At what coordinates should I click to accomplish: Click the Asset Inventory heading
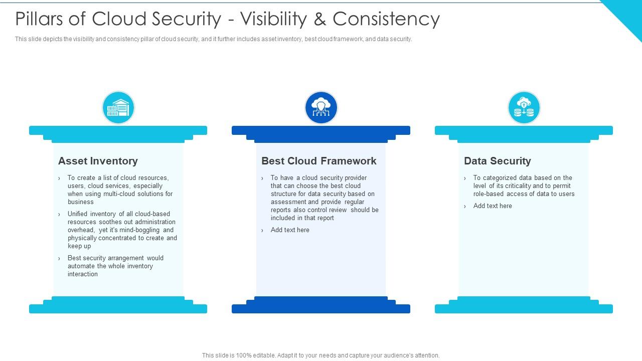pos(98,161)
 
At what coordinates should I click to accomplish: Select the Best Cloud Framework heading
pos(318,161)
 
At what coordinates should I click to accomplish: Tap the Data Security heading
pos(497,161)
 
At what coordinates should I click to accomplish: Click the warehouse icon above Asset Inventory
pos(118,107)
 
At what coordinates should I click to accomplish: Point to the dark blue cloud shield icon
pos(321,107)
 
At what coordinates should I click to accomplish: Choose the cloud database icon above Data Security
pos(524,107)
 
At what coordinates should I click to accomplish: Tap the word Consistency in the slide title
pos(386,19)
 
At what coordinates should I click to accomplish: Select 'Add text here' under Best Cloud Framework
pos(290,230)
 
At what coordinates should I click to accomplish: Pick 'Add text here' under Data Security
pos(493,206)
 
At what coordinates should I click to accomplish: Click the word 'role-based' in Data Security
pos(490,194)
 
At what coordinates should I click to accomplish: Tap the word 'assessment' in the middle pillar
pos(288,202)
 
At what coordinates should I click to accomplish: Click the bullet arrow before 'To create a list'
pos(59,178)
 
